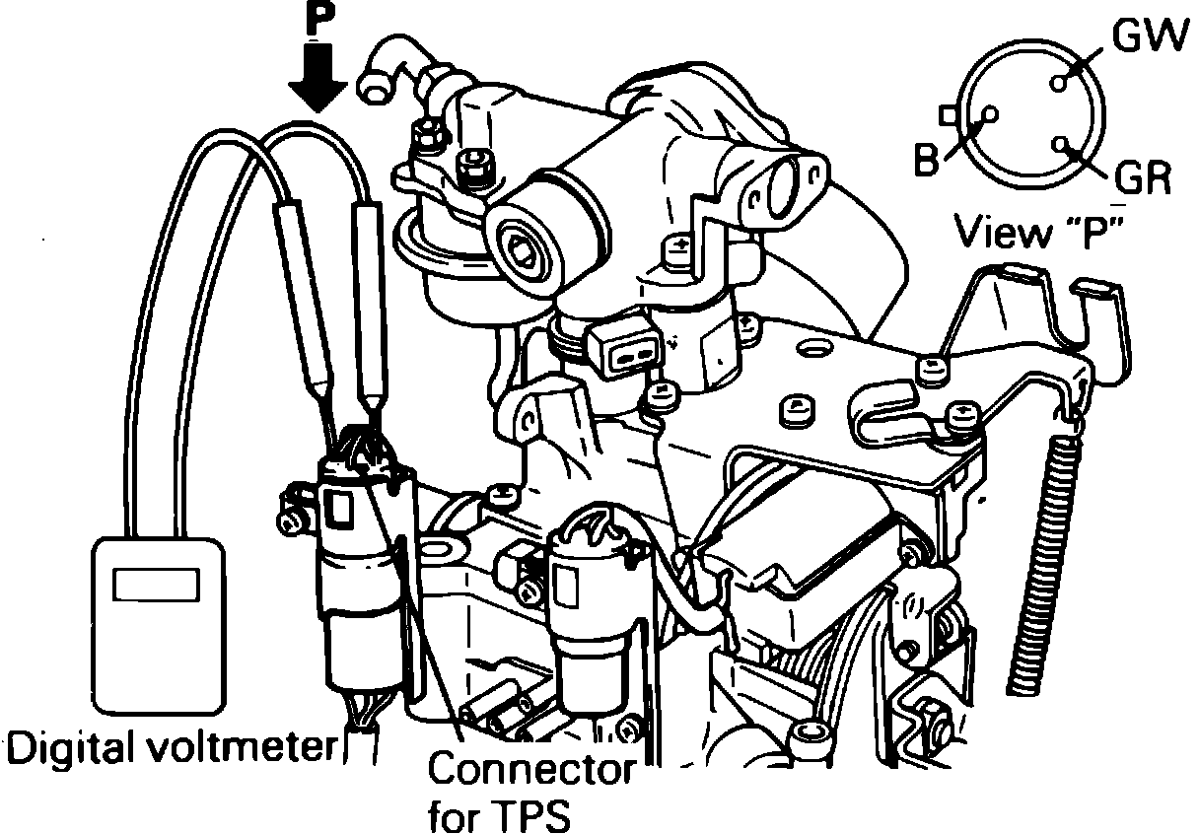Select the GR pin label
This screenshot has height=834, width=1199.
[1145, 178]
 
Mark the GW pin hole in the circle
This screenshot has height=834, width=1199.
[1058, 84]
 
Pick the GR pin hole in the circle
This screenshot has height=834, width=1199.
[1061, 144]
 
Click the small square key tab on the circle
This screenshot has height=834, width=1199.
[949, 115]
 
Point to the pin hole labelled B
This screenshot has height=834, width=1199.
[990, 115]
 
